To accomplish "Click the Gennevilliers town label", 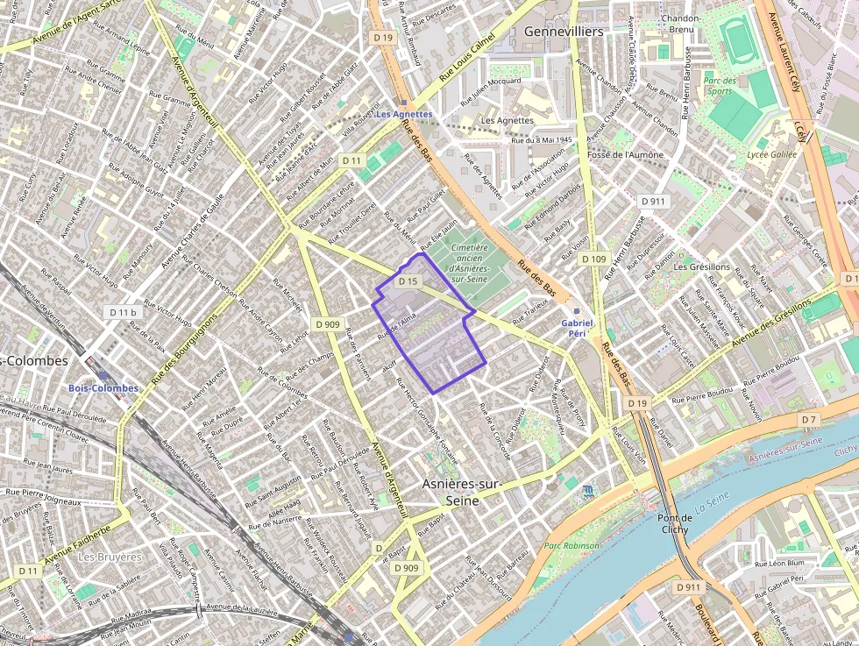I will point(564,32).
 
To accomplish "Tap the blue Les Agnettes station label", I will point(404,114).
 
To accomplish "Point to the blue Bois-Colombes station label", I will point(103,387).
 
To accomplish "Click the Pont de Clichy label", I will point(675,523).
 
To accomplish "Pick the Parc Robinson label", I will point(572,545).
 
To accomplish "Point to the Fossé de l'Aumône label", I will point(626,154).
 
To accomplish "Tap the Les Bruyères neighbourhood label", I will point(110,557).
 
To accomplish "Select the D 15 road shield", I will point(408,281).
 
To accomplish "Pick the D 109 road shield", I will point(594,259).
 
